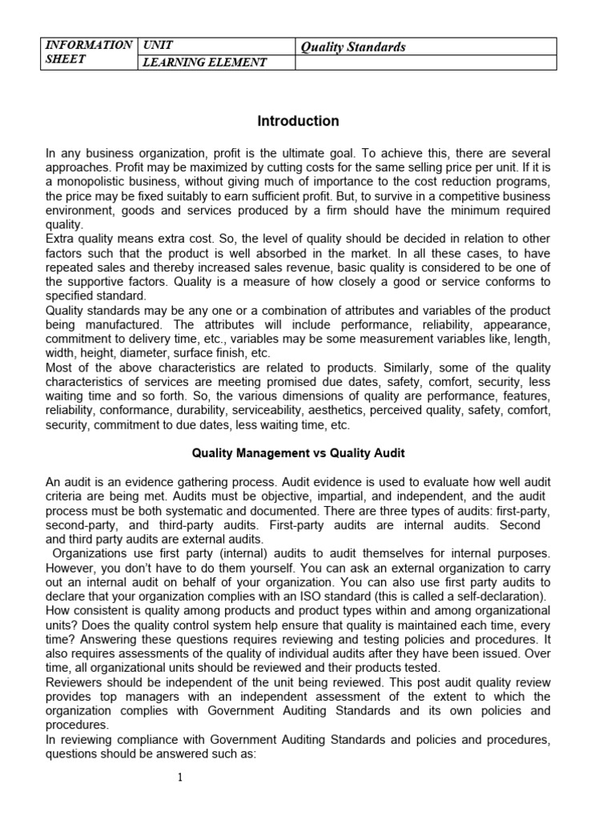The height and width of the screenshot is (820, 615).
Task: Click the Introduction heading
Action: click(x=298, y=122)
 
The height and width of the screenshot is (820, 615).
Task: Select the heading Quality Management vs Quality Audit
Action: click(x=298, y=453)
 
